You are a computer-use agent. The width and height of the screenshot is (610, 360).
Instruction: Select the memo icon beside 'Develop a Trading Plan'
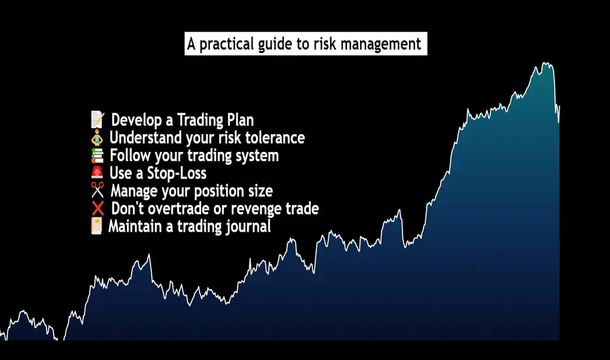tap(98, 120)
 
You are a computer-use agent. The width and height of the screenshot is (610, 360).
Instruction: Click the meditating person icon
tap(97, 137)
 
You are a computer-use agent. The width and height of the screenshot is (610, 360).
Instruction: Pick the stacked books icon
tap(98, 155)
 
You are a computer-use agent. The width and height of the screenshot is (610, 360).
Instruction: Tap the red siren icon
tap(97, 172)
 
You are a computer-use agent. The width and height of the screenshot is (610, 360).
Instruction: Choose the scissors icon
tap(98, 190)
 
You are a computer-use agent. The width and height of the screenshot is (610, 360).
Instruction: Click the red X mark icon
tap(98, 208)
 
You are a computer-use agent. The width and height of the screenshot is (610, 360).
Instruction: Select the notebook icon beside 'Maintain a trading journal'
tap(96, 226)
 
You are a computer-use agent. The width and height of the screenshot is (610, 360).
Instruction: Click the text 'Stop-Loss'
tap(177, 173)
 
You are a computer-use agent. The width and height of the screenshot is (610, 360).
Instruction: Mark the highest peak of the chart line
tap(547, 63)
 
